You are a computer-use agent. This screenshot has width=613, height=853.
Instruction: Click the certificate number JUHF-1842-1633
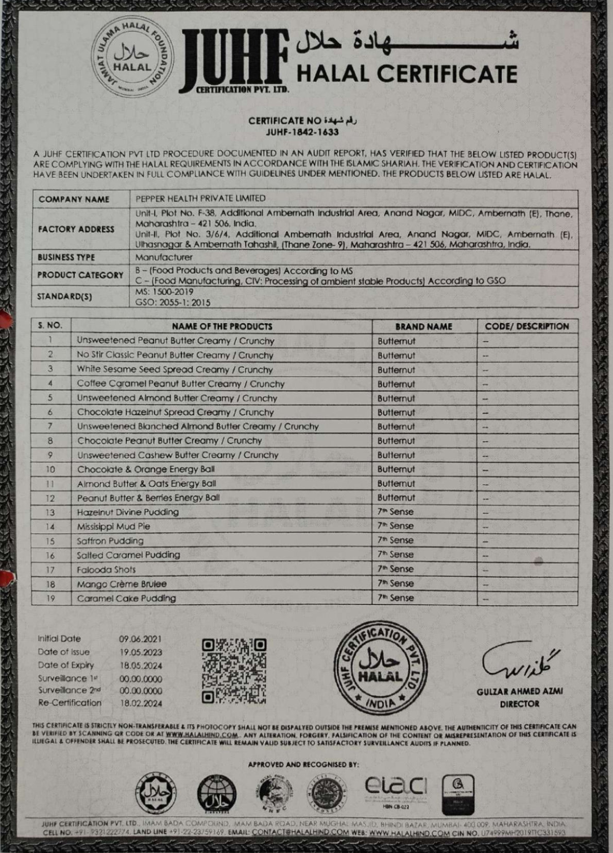click(302, 132)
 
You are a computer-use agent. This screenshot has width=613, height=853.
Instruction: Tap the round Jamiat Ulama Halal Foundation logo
click(132, 61)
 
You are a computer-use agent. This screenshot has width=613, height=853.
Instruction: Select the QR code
click(234, 671)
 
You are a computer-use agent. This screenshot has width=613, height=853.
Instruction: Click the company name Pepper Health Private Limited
click(200, 198)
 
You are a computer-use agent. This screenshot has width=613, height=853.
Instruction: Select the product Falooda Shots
click(107, 569)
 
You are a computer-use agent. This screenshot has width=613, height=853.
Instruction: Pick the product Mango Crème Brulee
click(122, 584)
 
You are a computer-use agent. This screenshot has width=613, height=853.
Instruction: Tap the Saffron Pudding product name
click(110, 541)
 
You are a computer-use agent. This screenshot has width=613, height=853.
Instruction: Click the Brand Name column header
click(423, 326)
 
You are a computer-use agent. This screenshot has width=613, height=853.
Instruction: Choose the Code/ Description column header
click(526, 326)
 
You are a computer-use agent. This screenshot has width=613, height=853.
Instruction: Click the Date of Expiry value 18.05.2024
click(141, 665)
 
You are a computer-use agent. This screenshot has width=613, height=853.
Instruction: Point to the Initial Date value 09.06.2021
click(141, 639)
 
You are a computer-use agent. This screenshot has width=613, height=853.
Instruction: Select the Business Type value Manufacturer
click(164, 257)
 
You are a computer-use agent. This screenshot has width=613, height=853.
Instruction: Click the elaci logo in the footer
click(396, 785)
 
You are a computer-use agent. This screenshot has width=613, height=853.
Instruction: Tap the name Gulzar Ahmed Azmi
click(519, 691)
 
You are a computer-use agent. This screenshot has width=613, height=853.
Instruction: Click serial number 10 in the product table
click(50, 469)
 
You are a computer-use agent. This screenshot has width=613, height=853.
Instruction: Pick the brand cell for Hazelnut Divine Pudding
click(395, 512)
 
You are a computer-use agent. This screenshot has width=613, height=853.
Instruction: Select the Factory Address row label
click(76, 229)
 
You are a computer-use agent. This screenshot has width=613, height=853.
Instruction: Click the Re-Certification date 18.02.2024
click(141, 703)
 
